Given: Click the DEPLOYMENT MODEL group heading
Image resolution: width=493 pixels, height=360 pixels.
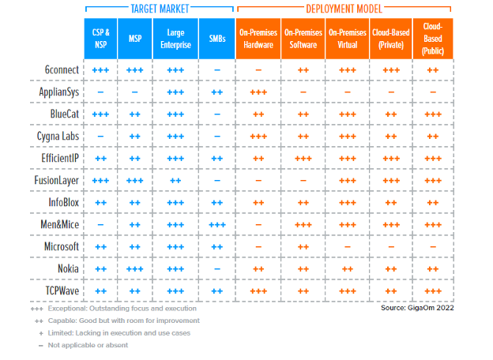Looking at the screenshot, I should click(x=345, y=9).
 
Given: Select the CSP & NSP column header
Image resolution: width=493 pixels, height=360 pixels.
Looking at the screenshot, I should click(x=101, y=38).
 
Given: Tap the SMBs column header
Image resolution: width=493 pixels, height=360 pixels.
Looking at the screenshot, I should click(x=217, y=38).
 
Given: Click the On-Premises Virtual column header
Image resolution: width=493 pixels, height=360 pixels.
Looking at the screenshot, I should click(x=347, y=38).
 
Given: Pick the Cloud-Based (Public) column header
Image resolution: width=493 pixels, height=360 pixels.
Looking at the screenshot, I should click(x=433, y=38).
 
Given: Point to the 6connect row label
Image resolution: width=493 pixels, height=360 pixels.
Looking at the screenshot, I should click(x=60, y=70).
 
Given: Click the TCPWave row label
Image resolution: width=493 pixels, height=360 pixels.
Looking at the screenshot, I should click(x=58, y=291).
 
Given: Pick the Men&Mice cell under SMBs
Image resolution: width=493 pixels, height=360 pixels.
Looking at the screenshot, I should click(x=217, y=224).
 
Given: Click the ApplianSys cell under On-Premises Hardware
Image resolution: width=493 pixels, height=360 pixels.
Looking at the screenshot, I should click(x=258, y=92).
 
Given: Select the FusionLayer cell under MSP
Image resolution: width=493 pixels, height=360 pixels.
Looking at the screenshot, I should click(x=135, y=181).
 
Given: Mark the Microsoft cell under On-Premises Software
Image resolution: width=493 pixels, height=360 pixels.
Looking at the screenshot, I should click(x=303, y=246).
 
